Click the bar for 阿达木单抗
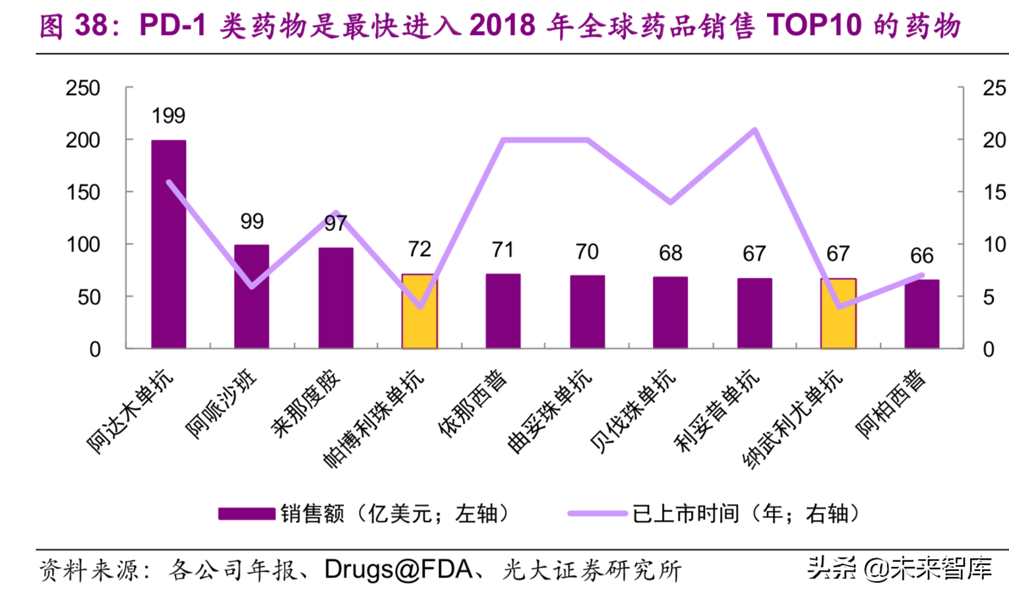point(168,244)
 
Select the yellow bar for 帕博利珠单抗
point(419,311)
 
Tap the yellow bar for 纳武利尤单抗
point(838,313)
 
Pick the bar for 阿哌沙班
point(251,296)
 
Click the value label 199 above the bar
point(168,116)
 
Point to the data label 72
point(419,249)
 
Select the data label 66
point(921,255)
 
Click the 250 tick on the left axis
point(82,88)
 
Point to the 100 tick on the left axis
point(82,244)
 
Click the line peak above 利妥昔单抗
point(754,129)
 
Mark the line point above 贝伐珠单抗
point(671,202)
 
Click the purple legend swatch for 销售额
point(246,514)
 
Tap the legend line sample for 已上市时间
point(597,514)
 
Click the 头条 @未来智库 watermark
point(900,569)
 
